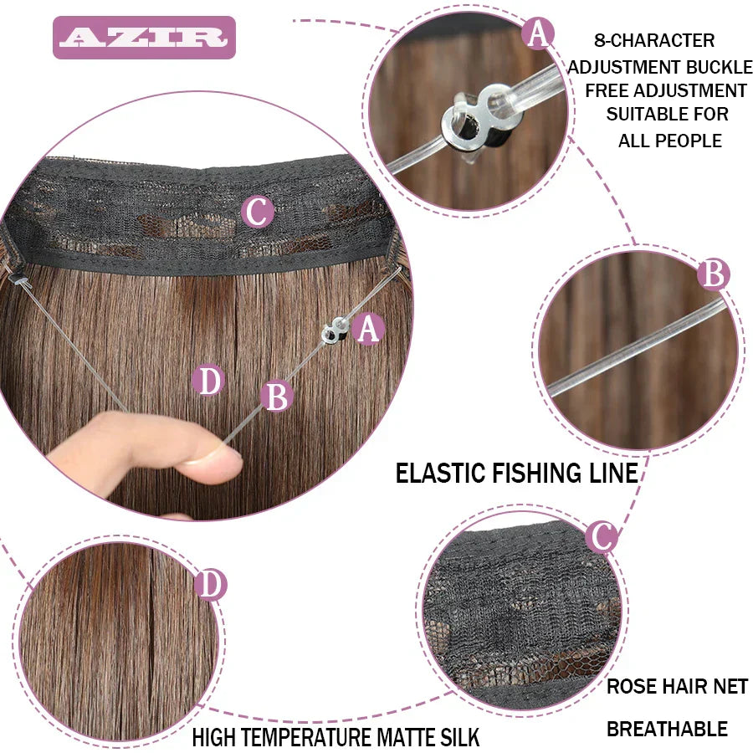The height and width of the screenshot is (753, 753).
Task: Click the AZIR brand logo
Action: [x=144, y=38]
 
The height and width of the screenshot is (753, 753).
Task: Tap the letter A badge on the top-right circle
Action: [x=538, y=34]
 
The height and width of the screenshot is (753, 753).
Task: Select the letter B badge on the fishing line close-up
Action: [x=713, y=274]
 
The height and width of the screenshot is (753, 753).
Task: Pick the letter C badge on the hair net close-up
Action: [x=601, y=535]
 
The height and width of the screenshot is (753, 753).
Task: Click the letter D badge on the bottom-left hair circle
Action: [x=211, y=585]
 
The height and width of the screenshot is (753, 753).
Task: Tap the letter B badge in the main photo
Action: [x=276, y=396]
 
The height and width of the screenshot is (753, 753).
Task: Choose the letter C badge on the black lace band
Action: [x=257, y=212]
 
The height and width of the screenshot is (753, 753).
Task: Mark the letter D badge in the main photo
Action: [x=209, y=381]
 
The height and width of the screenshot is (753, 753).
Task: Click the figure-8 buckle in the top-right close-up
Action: [x=469, y=120]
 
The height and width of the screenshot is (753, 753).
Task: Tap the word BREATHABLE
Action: [x=667, y=729]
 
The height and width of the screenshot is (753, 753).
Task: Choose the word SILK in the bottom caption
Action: [x=458, y=738]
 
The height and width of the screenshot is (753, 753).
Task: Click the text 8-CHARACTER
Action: [x=654, y=40]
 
